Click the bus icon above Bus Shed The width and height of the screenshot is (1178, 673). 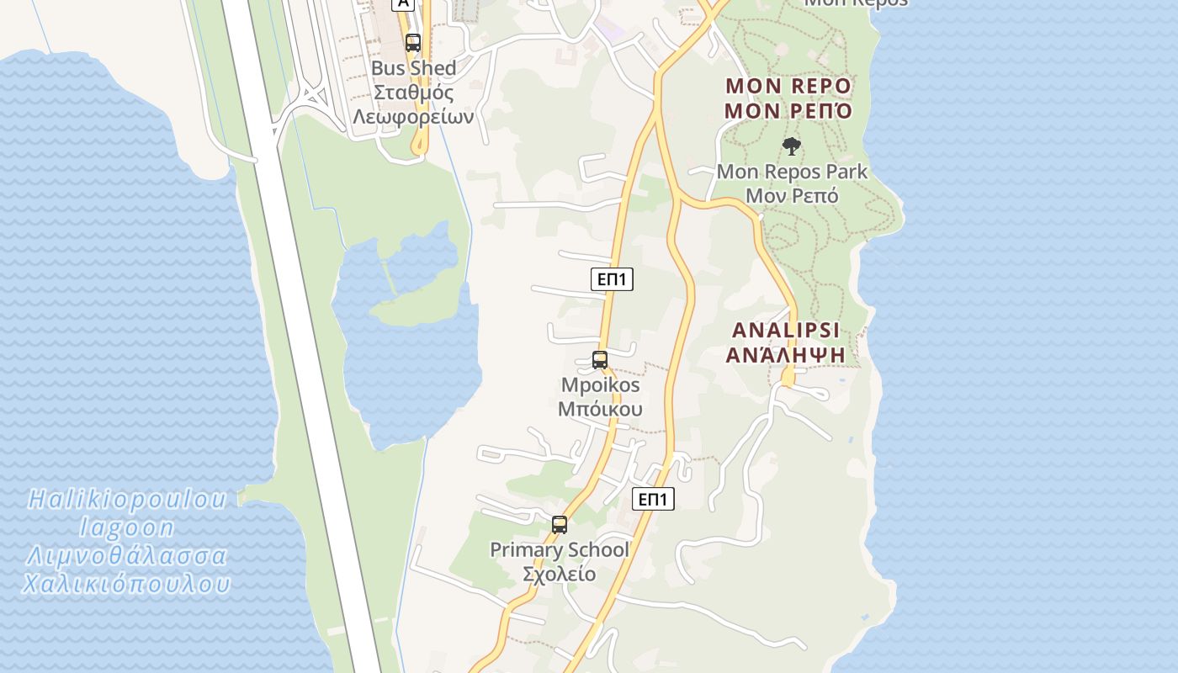pyautogui.click(x=412, y=43)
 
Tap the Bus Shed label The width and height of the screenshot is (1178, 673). pyautogui.click(x=413, y=68)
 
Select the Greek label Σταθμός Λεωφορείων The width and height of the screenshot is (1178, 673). pyautogui.click(x=413, y=104)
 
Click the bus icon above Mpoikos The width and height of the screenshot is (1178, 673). pyautogui.click(x=600, y=360)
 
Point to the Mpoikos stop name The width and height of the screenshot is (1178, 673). pyautogui.click(x=601, y=385)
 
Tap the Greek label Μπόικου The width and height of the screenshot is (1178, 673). pyautogui.click(x=601, y=410)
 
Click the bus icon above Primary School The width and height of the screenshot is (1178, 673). pyautogui.click(x=560, y=525)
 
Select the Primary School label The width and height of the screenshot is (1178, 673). pyautogui.click(x=560, y=550)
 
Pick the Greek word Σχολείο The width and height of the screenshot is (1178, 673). pyautogui.click(x=560, y=575)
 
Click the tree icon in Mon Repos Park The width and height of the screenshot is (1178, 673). pyautogui.click(x=791, y=146)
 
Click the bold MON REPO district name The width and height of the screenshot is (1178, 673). pyautogui.click(x=788, y=86)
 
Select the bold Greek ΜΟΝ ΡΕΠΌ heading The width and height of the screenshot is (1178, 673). pyautogui.click(x=788, y=110)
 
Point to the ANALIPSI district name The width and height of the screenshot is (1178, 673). pyautogui.click(x=786, y=330)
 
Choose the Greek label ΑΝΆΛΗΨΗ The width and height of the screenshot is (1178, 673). pyautogui.click(x=786, y=354)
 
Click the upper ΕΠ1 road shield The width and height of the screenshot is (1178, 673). pyautogui.click(x=612, y=279)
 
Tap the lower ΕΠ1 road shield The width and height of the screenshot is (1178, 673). pyautogui.click(x=653, y=499)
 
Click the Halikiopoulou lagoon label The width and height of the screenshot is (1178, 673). pyautogui.click(x=127, y=513)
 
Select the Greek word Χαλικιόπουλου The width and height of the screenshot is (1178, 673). pyautogui.click(x=127, y=584)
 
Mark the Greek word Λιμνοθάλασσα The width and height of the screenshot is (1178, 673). pyautogui.click(x=127, y=556)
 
